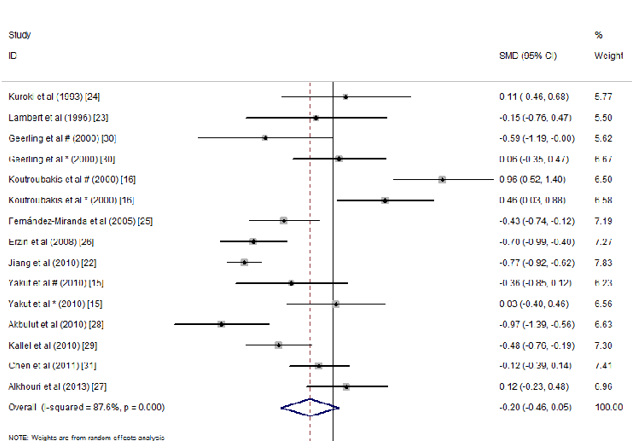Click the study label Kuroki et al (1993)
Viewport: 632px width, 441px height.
click(x=59, y=96)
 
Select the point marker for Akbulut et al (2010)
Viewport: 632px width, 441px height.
click(x=221, y=324)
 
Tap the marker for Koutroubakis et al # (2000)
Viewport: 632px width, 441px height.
click(x=442, y=179)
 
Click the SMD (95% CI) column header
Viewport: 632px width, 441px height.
click(x=527, y=55)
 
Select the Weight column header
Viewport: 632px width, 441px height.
click(x=608, y=55)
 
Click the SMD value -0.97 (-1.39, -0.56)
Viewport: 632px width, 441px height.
click(x=534, y=324)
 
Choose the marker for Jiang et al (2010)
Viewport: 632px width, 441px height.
click(x=245, y=262)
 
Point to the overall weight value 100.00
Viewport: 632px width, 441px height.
click(x=607, y=407)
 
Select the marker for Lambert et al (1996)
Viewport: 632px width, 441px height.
click(x=316, y=117)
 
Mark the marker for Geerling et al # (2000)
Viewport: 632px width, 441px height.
click(x=265, y=137)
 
